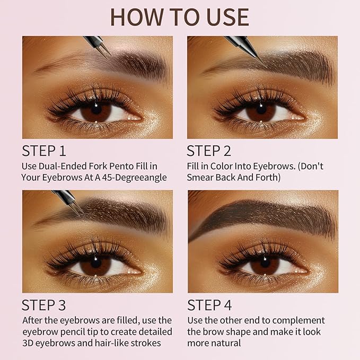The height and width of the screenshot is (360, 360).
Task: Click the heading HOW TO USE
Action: click(179, 17)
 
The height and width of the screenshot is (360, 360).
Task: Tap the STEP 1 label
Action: click(45, 151)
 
